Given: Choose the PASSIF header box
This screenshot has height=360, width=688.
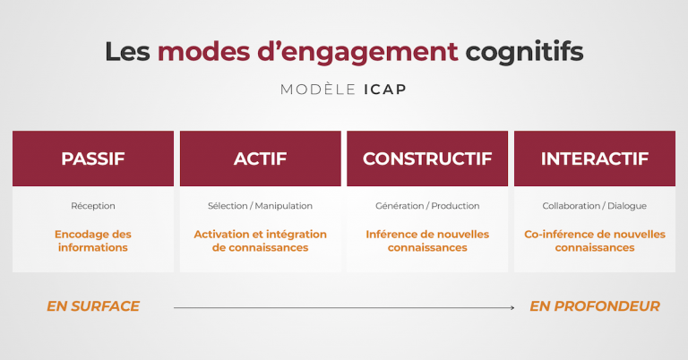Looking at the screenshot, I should pyautogui.click(x=93, y=159).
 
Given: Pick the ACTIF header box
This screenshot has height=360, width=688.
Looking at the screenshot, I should pyautogui.click(x=260, y=159).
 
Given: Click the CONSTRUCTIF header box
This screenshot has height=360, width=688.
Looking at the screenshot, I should pyautogui.click(x=427, y=159).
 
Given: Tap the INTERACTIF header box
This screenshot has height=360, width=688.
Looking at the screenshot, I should pyautogui.click(x=594, y=159).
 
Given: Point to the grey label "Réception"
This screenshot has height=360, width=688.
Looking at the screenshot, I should pyautogui.click(x=93, y=206).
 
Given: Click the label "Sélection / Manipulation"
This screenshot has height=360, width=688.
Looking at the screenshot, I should pyautogui.click(x=260, y=206).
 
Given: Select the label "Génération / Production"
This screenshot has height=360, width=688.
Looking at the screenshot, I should pyautogui.click(x=427, y=206).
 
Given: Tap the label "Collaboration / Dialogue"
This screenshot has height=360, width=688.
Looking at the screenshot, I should pyautogui.click(x=594, y=206).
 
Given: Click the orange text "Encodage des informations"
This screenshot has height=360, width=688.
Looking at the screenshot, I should pyautogui.click(x=93, y=240).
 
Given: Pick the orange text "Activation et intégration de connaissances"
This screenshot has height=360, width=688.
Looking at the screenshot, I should pyautogui.click(x=260, y=240).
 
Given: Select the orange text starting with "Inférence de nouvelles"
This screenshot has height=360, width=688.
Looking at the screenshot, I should pyautogui.click(x=427, y=240).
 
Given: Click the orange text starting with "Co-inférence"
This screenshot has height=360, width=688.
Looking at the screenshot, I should pyautogui.click(x=594, y=240).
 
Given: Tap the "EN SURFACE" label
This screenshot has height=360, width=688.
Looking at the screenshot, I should pyautogui.click(x=93, y=306).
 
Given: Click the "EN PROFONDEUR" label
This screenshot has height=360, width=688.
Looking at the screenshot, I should pyautogui.click(x=594, y=306).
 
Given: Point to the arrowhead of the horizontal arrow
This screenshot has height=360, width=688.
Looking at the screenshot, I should pyautogui.click(x=512, y=307).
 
